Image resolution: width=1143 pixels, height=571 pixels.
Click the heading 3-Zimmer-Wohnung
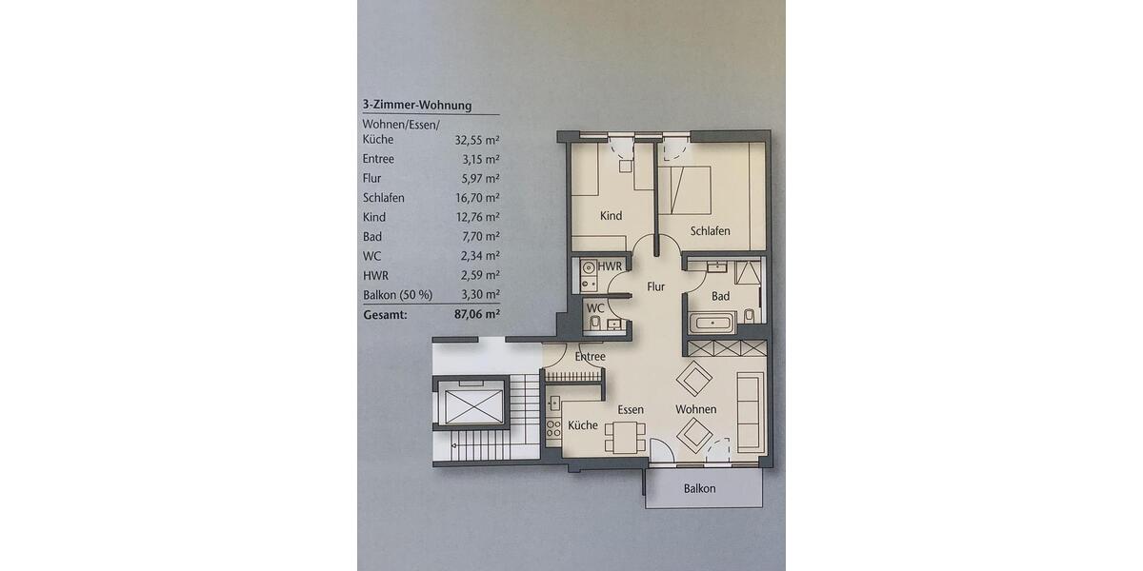click(x=417, y=106)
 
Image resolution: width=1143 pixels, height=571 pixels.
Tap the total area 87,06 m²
click(x=475, y=313)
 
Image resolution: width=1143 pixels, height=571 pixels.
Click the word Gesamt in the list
click(x=385, y=313)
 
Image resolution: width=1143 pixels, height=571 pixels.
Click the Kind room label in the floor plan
click(x=611, y=216)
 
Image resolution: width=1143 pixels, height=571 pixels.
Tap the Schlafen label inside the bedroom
click(x=711, y=231)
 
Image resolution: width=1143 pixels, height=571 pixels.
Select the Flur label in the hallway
click(x=656, y=285)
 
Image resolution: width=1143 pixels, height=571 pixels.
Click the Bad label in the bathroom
click(x=721, y=296)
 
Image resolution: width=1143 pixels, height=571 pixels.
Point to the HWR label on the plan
click(x=611, y=267)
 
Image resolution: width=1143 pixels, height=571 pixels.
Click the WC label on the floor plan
click(x=595, y=308)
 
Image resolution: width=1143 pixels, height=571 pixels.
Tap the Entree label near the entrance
click(x=591, y=357)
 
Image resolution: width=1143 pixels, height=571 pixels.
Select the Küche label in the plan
click(x=583, y=425)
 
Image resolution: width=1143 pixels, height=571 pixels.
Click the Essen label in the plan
click(x=631, y=409)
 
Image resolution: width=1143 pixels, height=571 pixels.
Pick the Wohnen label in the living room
click(x=696, y=409)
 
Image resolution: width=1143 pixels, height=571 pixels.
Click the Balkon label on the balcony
click(x=699, y=488)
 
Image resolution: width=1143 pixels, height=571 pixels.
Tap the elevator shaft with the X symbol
click(x=470, y=404)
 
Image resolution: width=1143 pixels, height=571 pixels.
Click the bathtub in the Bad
click(x=711, y=324)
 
